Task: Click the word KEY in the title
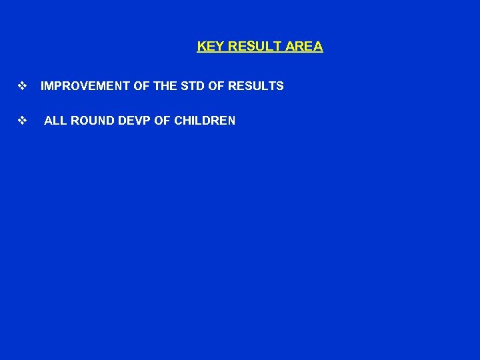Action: click(210, 47)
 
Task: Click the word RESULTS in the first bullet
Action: click(256, 86)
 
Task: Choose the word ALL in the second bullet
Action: click(55, 121)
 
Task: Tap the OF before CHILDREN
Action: click(161, 121)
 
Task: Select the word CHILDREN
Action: click(204, 121)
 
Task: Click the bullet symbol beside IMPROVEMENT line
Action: click(22, 86)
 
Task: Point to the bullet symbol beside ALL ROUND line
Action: click(22, 121)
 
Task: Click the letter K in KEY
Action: click(201, 47)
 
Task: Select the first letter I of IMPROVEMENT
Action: click(42, 86)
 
